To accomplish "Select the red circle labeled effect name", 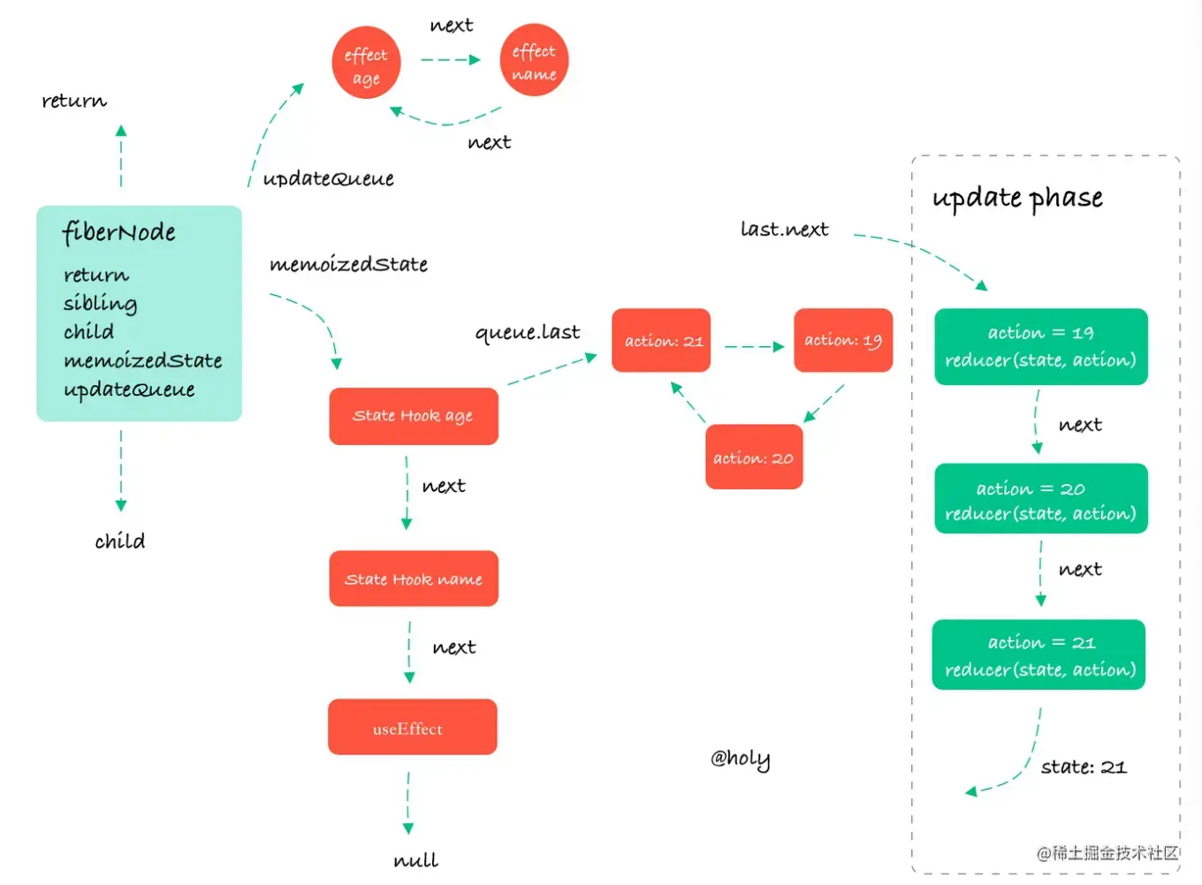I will (x=534, y=61).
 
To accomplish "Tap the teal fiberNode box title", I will (x=119, y=232).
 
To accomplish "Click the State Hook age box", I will (x=413, y=416).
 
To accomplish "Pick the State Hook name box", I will (x=413, y=579).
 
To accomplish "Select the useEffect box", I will (x=412, y=728).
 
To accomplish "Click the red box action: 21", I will (x=661, y=341).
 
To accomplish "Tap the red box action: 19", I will (x=843, y=341).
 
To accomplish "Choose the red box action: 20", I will (x=754, y=458).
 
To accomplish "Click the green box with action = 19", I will (x=1040, y=346).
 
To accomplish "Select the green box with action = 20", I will (x=1040, y=500).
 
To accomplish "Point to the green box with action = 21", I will (x=1039, y=655).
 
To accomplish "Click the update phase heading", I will (x=1017, y=198).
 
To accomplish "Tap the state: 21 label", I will (x=1084, y=767).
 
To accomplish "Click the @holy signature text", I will (x=741, y=759).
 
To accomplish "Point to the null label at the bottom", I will (x=415, y=859).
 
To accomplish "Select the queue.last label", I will (x=528, y=333).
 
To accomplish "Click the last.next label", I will (x=784, y=230).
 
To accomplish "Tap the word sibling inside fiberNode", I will (x=100, y=303).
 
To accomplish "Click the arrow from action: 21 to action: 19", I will (x=753, y=347).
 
